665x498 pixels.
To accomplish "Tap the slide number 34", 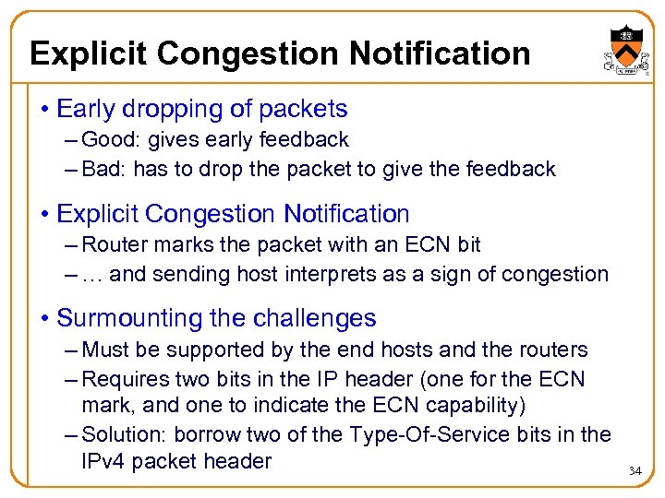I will (635, 471).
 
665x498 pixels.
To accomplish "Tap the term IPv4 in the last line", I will (103, 461).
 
